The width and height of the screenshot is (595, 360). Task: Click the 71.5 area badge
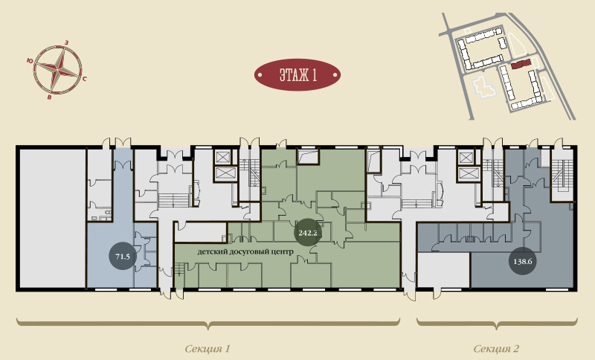tap(123, 257)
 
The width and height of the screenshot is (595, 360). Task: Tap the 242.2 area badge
tap(308, 233)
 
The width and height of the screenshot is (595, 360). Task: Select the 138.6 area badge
tap(523, 261)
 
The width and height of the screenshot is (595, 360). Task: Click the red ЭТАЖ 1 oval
tap(297, 74)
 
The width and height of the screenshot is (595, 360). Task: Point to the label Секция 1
tap(208, 348)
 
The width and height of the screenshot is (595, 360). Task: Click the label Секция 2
tap(496, 348)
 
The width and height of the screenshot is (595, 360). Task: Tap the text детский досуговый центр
tap(245, 251)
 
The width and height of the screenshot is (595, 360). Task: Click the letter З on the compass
tap(67, 42)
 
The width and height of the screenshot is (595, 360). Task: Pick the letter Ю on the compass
tap(30, 60)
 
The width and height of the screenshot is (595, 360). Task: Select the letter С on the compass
tap(84, 79)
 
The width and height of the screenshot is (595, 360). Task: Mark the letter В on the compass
tap(49, 97)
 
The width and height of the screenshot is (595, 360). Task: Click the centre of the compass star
tap(58, 70)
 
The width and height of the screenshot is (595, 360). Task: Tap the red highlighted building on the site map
tap(520, 65)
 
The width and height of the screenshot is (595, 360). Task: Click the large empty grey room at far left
tap(52, 218)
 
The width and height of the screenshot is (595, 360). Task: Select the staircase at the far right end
tap(562, 176)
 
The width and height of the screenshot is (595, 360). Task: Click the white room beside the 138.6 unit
tap(443, 270)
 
